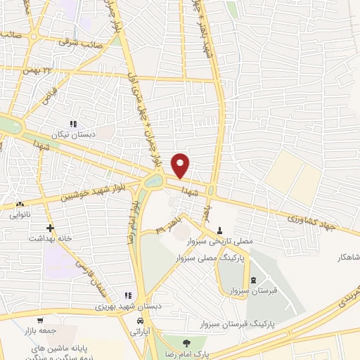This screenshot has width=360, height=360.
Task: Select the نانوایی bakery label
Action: tap(19, 216)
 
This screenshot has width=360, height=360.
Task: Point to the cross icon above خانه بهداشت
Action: tap(50, 228)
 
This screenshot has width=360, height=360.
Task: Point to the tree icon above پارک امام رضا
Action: tap(186, 343)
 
